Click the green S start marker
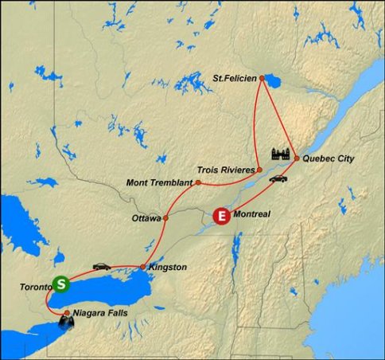(60, 284)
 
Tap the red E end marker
(223, 215)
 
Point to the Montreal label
(255, 214)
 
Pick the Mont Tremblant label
(159, 182)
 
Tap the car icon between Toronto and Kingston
(102, 266)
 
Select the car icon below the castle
(277, 178)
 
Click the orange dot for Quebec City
(297, 158)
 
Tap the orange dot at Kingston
(142, 267)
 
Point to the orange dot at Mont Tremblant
(197, 182)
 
